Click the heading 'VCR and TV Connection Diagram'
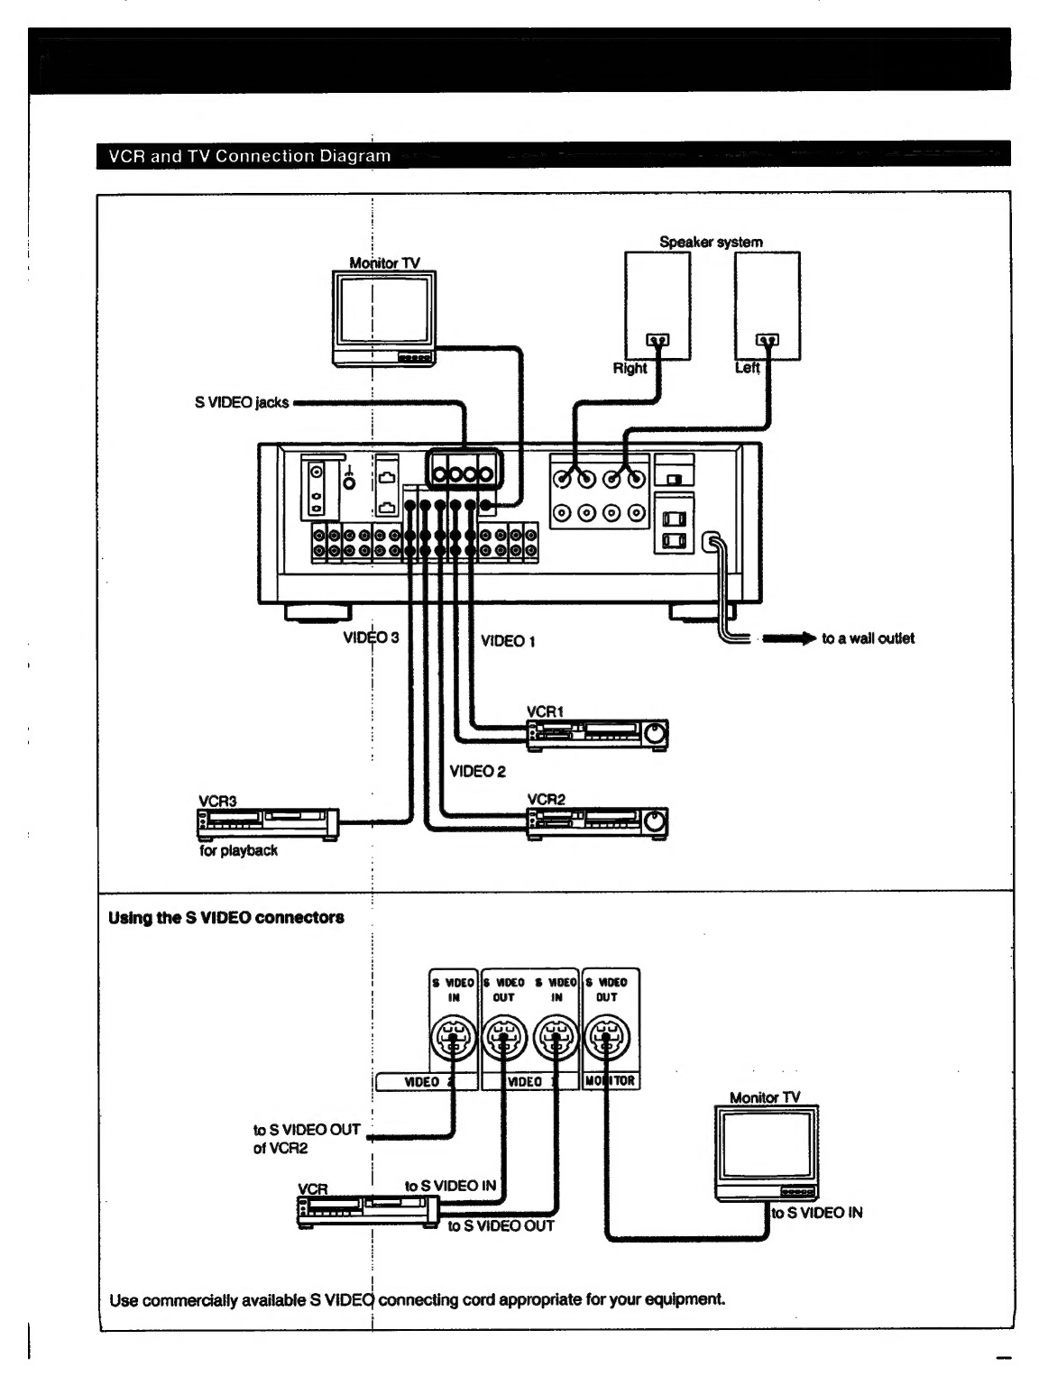[x=249, y=156]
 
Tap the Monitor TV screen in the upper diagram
[x=383, y=310]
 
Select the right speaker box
[x=657, y=306]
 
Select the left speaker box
[x=768, y=306]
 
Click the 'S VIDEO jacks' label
[x=242, y=402]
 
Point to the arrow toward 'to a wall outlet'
[x=788, y=638]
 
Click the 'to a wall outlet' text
[x=868, y=638]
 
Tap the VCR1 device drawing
[x=597, y=735]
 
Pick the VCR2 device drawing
[x=597, y=823]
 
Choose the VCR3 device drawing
[x=268, y=824]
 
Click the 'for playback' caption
[x=238, y=850]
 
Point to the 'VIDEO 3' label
[x=371, y=637]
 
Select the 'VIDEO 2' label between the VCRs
[x=477, y=771]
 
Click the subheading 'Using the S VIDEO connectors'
[x=225, y=917]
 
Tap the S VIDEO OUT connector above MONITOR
[x=607, y=1037]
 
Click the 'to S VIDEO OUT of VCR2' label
[x=307, y=1138]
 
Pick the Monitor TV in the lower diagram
[x=767, y=1152]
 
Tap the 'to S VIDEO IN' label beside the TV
[x=817, y=1212]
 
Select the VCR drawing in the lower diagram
[x=368, y=1212]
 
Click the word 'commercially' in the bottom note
[x=192, y=1300]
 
